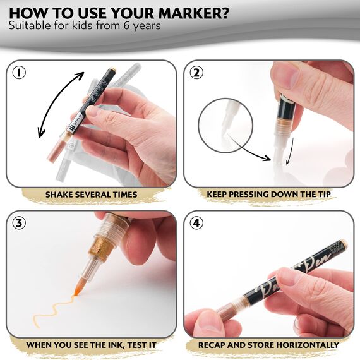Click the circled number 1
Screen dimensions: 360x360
pyautogui.click(x=20, y=73)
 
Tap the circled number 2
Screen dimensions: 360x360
pyautogui.click(x=197, y=73)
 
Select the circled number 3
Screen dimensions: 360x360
pyautogui.click(x=20, y=224)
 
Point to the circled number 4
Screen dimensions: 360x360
pyautogui.click(x=197, y=224)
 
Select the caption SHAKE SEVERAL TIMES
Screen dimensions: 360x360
pyautogui.click(x=91, y=194)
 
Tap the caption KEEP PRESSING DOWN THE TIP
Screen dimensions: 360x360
pyautogui.click(x=269, y=194)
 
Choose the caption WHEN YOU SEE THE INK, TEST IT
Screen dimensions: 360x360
pyautogui.click(x=91, y=345)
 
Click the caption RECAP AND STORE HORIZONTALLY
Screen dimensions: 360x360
pyautogui.click(x=269, y=345)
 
